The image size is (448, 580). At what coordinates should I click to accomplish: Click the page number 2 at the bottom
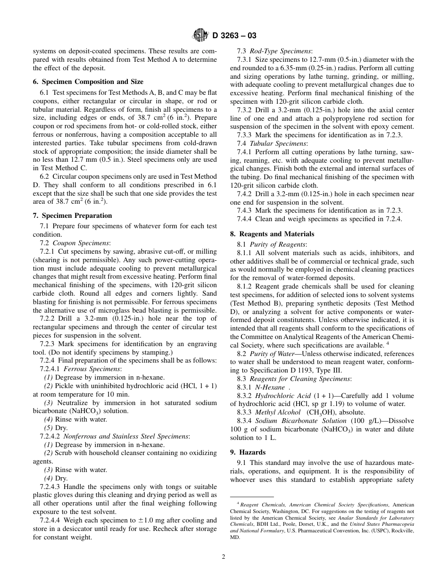pyautogui.click(x=224, y=556)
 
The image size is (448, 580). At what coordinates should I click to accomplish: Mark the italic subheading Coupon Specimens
pyautogui.click(x=81, y=243)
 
